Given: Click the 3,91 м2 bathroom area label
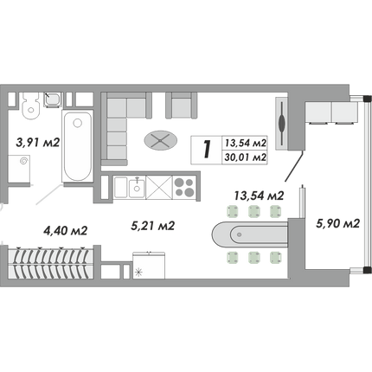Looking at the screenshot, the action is (x=38, y=143).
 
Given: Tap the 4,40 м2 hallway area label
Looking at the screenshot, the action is (x=65, y=230).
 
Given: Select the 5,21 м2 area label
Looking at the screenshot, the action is (x=153, y=226).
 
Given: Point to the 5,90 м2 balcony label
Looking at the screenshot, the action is (x=338, y=223).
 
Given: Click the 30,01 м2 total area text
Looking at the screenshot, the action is (x=246, y=157).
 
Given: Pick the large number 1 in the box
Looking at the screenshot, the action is (x=207, y=150).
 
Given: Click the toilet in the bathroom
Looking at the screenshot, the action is (x=30, y=106).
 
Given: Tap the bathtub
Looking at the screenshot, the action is (x=77, y=146).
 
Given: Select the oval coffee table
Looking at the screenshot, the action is (x=161, y=140).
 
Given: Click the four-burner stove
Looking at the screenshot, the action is (x=184, y=187).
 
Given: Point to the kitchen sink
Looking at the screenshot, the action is (x=137, y=188).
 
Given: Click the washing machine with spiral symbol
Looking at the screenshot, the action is (x=19, y=169).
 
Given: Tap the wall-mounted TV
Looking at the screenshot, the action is (x=282, y=124).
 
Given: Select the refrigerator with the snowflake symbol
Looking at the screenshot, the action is (x=149, y=266).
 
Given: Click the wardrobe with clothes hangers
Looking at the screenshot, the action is (x=50, y=262).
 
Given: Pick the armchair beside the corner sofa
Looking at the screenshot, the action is (x=182, y=106).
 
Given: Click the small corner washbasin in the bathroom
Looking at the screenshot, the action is (x=53, y=99).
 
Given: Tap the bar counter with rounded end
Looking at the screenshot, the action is (x=250, y=234).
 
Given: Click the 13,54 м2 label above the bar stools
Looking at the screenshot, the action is (x=259, y=196).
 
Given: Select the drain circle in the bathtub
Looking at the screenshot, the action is (x=77, y=124).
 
